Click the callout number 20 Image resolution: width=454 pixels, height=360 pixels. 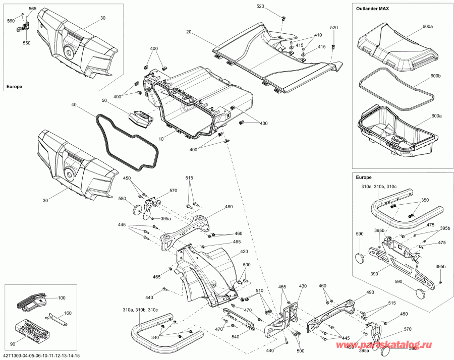(x=189, y=32)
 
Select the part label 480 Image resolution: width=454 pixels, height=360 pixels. (x=229, y=207)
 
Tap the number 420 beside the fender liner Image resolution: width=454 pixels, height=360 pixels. (x=244, y=252)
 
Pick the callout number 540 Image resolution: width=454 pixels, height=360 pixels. (x=236, y=337)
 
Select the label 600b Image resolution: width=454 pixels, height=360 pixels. (x=434, y=76)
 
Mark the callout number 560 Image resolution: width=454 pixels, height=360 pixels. (x=11, y=21)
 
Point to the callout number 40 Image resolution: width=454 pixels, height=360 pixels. (x=74, y=105)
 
